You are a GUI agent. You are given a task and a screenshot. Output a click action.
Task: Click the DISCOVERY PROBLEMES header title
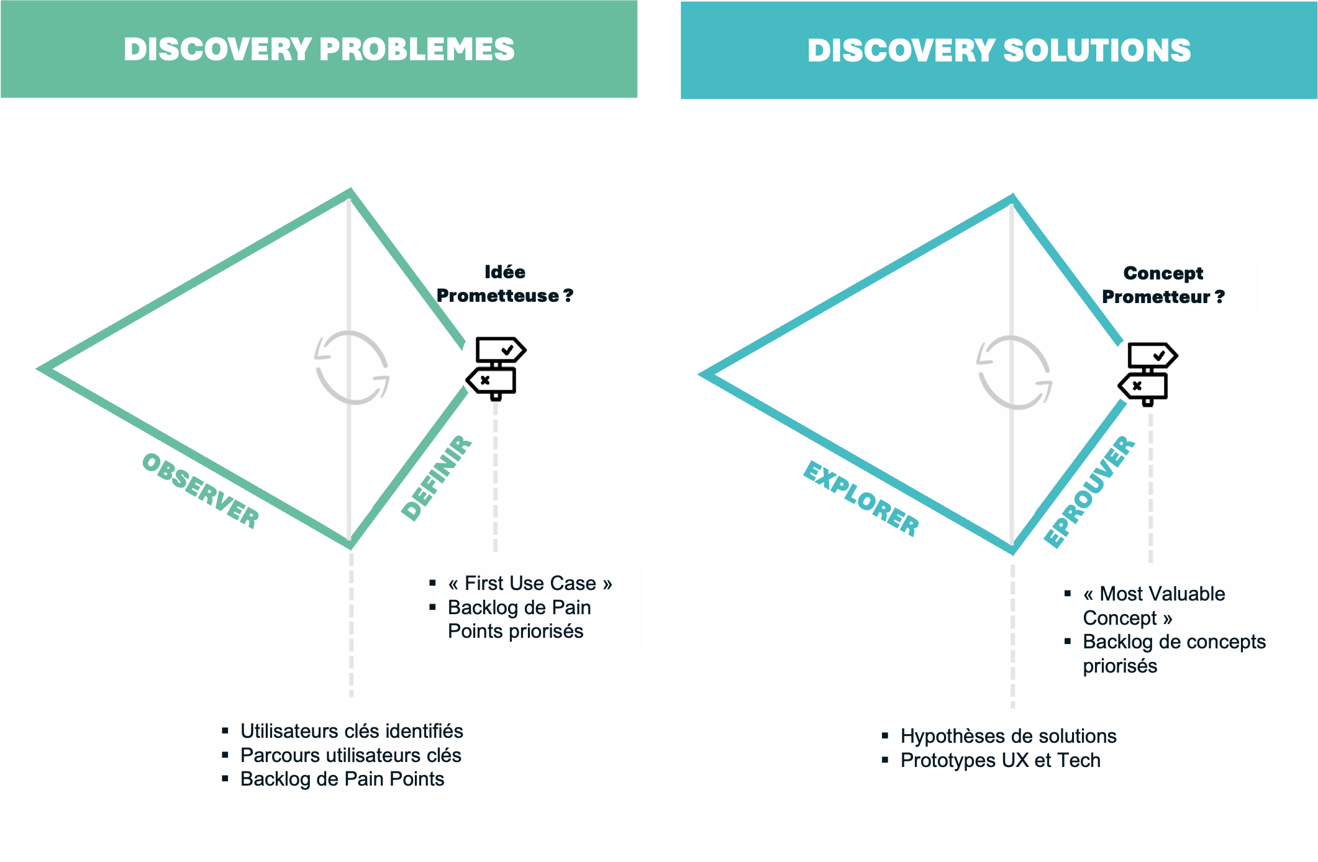(319, 50)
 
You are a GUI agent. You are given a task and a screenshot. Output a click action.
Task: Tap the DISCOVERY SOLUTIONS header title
(999, 51)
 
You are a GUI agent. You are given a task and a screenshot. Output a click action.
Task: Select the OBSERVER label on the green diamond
(200, 491)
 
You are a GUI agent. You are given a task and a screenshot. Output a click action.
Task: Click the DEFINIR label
(437, 478)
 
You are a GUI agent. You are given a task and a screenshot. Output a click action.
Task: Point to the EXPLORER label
(861, 499)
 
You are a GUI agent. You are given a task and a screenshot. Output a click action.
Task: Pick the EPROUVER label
(1089, 492)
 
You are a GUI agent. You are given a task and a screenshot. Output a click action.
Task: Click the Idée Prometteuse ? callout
(505, 284)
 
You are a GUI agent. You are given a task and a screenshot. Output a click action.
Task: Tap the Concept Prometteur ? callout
(1163, 285)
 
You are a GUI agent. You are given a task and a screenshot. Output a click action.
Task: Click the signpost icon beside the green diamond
(496, 366)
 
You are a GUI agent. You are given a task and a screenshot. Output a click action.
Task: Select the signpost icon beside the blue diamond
(1148, 371)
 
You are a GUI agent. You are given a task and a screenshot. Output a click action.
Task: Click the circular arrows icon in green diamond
(352, 368)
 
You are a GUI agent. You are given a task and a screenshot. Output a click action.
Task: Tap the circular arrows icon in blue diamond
(1014, 373)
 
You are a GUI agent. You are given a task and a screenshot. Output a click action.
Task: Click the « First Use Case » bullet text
(530, 583)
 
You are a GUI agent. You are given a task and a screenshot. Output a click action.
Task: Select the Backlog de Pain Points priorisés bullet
(519, 619)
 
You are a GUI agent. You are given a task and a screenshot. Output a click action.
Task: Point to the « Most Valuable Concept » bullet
(1153, 606)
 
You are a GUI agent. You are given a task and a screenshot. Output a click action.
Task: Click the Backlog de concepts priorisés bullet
(1173, 653)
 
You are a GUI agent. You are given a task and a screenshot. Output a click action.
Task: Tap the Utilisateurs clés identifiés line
(352, 731)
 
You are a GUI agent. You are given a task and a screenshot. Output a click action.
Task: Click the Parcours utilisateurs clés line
(350, 755)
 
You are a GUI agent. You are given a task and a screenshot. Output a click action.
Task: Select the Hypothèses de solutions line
(1008, 736)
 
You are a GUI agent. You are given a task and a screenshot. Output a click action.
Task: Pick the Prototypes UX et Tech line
(1000, 760)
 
